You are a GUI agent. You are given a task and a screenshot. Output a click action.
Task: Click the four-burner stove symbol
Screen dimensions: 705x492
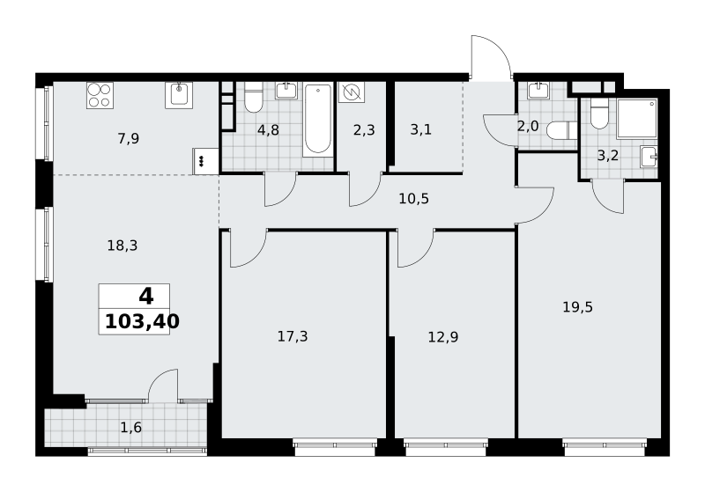coord(100,95)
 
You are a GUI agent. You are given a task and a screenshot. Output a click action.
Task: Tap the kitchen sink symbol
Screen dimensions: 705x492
coord(179,95)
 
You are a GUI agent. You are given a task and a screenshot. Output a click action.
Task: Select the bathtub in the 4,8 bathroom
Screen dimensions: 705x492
coord(318,120)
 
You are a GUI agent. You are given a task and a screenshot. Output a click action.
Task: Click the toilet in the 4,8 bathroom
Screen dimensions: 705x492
coord(254,98)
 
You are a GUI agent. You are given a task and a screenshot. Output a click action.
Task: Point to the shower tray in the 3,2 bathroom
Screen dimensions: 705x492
coord(637,119)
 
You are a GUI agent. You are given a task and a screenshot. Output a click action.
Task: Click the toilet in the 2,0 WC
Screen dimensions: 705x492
coord(562,130)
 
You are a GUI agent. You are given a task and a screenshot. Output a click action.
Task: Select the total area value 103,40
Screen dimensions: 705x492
coord(142,321)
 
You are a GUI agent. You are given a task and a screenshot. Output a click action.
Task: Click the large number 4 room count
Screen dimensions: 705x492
coord(146,297)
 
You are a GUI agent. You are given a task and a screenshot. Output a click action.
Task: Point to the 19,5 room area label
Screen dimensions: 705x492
coord(578,307)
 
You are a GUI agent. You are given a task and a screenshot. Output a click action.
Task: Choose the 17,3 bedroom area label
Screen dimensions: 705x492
coord(293,336)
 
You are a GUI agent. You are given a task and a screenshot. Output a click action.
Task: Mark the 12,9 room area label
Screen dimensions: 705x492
coord(443,337)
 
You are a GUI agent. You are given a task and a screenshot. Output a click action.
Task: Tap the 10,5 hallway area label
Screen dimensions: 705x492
coord(413,198)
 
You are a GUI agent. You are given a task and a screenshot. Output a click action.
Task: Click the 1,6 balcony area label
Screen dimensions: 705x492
coord(130,428)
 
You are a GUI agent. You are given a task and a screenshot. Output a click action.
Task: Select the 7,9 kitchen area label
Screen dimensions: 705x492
coord(129,139)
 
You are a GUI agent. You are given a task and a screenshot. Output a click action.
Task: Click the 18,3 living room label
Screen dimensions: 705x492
coord(122,246)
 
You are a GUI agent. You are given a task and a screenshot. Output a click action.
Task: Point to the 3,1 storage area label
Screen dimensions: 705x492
coord(421,129)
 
